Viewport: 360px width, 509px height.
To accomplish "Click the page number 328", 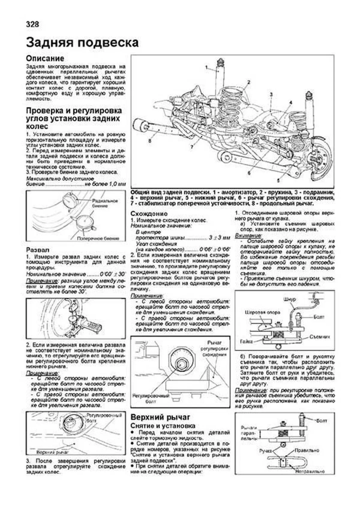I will click(x=32, y=24).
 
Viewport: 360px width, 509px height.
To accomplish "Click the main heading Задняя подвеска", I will click(x=82, y=43).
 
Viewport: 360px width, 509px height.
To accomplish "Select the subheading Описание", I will click(x=45, y=58).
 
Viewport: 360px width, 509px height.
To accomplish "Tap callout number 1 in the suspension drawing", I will click(x=206, y=67).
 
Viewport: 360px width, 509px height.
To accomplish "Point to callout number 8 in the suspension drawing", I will click(x=149, y=140).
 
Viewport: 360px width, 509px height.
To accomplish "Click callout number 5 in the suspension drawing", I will click(x=278, y=180).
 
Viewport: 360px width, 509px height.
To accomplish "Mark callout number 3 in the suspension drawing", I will click(x=271, y=94).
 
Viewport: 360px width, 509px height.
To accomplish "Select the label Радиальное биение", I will click(x=105, y=203).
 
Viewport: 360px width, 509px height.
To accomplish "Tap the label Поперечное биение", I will click(x=98, y=238).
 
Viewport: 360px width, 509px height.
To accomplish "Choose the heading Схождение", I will click(x=149, y=214).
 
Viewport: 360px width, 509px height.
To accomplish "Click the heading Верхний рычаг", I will click(x=160, y=417).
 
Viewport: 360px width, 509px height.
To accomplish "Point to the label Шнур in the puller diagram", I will click(x=289, y=299).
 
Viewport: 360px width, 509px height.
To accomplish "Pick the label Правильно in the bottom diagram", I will click(x=307, y=451).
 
